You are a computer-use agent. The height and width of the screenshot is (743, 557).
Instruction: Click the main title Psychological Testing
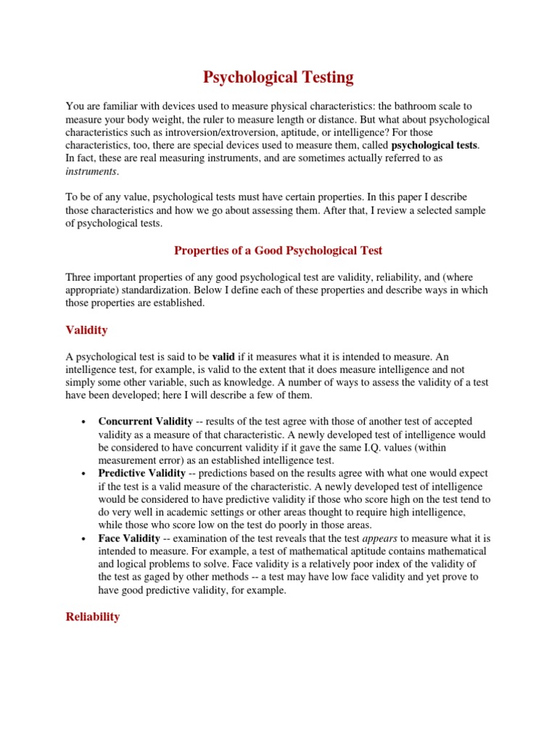coord(278,77)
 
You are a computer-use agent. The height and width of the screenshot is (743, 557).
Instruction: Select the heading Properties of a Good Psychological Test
coord(278,250)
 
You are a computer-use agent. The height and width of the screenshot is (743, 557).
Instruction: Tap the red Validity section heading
coord(86,330)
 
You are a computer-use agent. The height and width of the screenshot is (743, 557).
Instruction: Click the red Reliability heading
coord(92,617)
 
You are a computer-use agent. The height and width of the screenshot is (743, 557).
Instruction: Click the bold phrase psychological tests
coord(434,145)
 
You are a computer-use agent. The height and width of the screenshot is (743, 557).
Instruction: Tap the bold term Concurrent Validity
coord(145,421)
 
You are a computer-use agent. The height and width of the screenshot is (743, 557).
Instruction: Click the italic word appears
coord(379,538)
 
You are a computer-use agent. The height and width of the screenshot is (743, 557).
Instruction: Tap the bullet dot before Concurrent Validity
coord(85,422)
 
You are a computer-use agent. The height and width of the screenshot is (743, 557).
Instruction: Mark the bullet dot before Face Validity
coord(85,539)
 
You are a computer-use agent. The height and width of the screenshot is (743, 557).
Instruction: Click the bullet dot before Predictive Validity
coord(85,474)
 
